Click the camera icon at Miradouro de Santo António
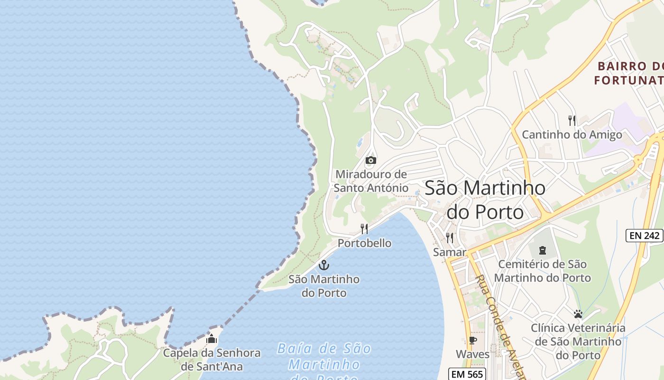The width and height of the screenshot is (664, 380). (x=371, y=161)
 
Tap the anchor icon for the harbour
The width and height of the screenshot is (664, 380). (x=324, y=265)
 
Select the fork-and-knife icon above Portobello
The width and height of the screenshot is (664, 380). (x=364, y=229)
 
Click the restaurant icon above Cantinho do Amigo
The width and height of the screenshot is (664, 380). (x=572, y=121)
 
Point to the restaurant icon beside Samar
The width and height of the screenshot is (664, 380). (x=449, y=238)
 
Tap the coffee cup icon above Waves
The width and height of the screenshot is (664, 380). (x=472, y=340)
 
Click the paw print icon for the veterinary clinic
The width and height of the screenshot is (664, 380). (x=578, y=314)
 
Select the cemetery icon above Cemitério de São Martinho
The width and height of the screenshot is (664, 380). (x=543, y=250)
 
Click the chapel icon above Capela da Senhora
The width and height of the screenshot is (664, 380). (x=212, y=339)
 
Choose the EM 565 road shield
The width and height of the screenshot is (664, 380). (x=467, y=374)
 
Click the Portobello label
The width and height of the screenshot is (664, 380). (x=364, y=243)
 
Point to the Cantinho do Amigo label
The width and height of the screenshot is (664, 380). (x=572, y=134)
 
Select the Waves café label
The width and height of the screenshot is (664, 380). (x=472, y=354)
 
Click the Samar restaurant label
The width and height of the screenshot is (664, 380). (x=449, y=252)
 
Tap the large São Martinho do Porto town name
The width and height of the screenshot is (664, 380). (x=485, y=199)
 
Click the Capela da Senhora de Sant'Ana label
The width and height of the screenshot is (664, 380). (x=212, y=360)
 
